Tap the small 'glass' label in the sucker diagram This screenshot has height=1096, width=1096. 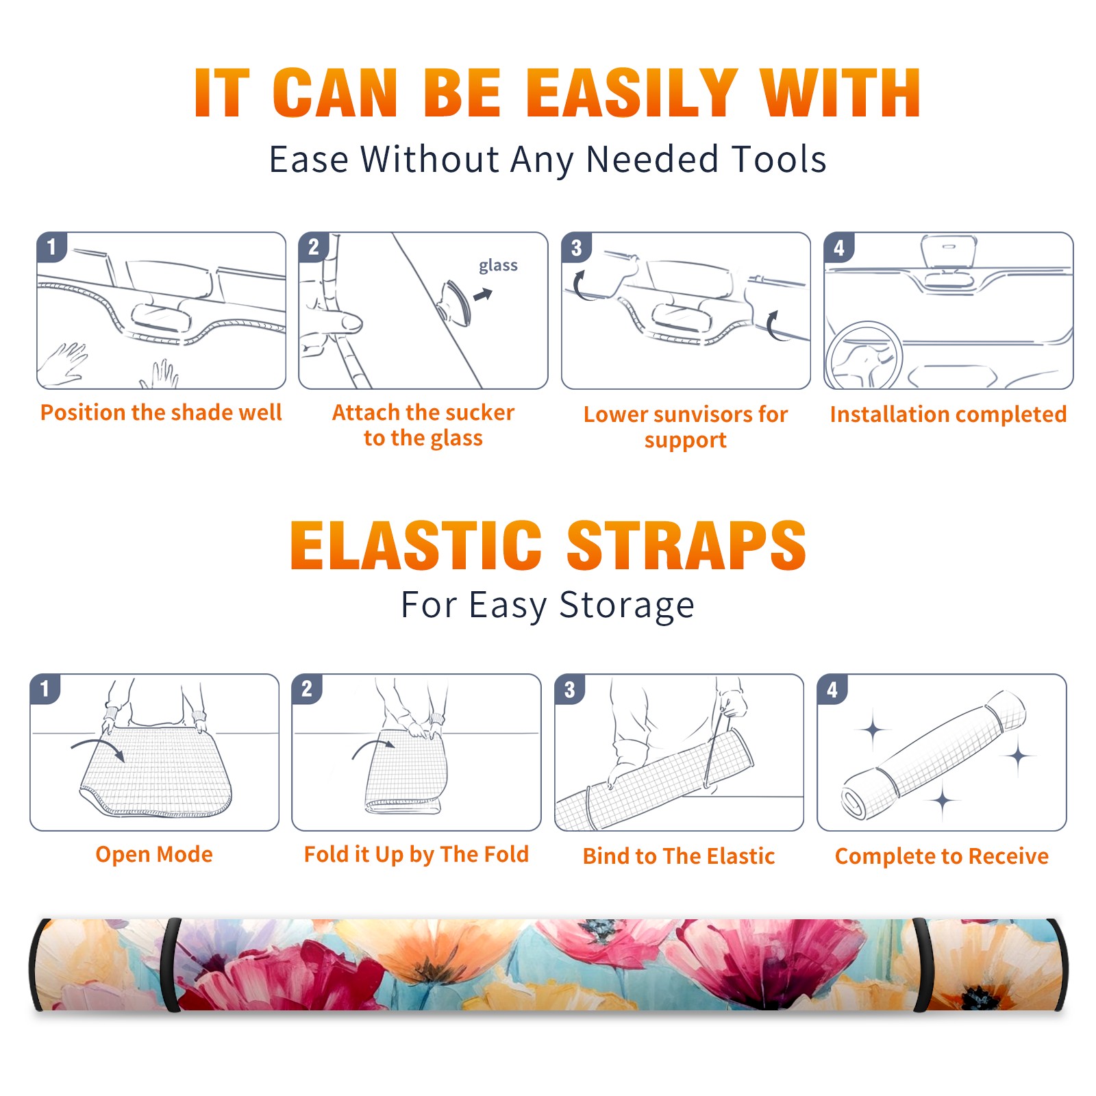pos(498,266)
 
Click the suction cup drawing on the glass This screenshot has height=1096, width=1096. pos(454,303)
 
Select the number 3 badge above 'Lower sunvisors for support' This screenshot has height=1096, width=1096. pos(576,247)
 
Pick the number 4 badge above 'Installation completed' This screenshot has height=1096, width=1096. pos(839,247)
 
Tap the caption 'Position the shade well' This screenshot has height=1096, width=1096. pos(161,412)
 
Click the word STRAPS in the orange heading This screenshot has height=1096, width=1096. pos(686,545)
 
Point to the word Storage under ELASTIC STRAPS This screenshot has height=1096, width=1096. pos(627,606)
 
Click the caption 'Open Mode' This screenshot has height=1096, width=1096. pos(154,854)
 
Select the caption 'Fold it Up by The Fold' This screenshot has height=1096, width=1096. pos(416,854)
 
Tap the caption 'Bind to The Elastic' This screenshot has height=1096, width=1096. pos(679,856)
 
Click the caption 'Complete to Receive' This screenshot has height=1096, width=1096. pos(942,856)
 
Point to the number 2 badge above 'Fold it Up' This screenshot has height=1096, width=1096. pos(307,688)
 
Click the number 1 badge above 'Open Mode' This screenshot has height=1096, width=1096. pos(45,688)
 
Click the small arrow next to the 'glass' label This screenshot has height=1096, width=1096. pos(484,295)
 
